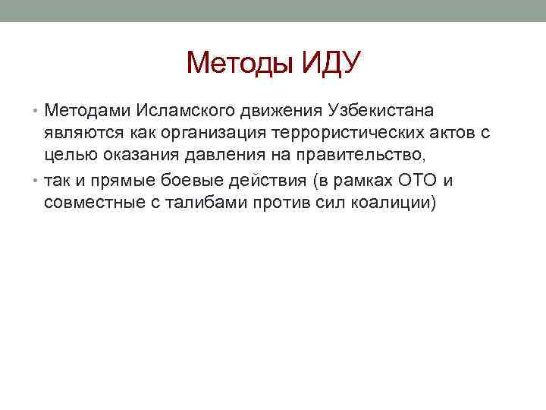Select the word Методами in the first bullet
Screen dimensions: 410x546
point(87,112)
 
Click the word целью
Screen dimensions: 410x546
point(67,157)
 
